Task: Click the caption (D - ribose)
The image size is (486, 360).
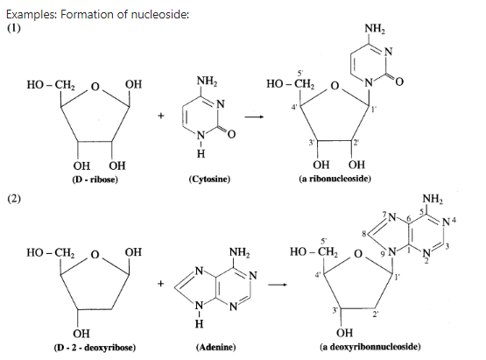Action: pyautogui.click(x=95, y=180)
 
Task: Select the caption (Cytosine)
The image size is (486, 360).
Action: pyautogui.click(x=209, y=180)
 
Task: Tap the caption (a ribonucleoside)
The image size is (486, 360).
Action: pyautogui.click(x=335, y=179)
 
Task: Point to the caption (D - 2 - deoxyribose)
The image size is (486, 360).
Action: pyautogui.click(x=95, y=347)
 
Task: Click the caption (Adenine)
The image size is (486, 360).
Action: pyautogui.click(x=215, y=347)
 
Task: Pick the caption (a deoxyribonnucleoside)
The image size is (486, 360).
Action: pyautogui.click(x=370, y=346)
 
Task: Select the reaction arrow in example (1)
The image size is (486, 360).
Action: pyautogui.click(x=254, y=116)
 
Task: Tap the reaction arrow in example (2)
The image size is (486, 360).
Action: pyautogui.click(x=277, y=285)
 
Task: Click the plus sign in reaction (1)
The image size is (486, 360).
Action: pyautogui.click(x=160, y=116)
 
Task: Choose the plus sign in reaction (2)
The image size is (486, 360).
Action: pyautogui.click(x=160, y=284)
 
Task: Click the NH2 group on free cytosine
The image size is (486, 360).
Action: pyautogui.click(x=208, y=81)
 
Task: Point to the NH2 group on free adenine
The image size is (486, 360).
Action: pyautogui.click(x=240, y=252)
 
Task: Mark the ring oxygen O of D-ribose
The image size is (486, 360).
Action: pyautogui.click(x=95, y=87)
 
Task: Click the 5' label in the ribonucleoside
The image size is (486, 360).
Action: pyautogui.click(x=300, y=74)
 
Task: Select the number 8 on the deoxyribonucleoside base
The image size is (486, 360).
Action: pyautogui.click(x=364, y=234)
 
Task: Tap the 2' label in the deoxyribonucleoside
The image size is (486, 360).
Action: pyautogui.click(x=376, y=314)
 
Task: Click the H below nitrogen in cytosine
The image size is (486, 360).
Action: pyautogui.click(x=201, y=153)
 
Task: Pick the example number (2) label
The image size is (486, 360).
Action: pyautogui.click(x=14, y=199)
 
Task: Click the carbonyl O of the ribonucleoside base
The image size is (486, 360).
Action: pyautogui.click(x=399, y=81)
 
